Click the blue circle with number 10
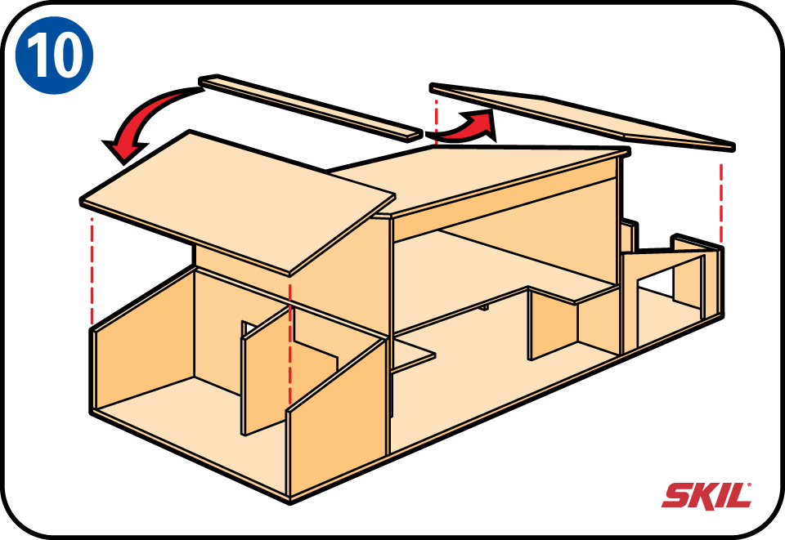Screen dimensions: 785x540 [x=54, y=55]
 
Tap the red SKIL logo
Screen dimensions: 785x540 [x=706, y=496]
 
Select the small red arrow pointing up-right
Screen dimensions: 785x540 [x=465, y=126]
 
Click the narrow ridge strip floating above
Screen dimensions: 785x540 [x=311, y=109]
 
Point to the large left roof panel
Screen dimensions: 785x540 [x=238, y=203]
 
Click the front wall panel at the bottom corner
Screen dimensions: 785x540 [x=338, y=420]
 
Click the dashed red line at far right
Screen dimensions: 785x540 [x=721, y=203]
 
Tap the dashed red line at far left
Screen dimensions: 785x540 [x=92, y=271]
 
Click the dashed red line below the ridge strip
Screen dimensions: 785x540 [x=437, y=123]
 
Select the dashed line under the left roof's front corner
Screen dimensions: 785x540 [x=290, y=345]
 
